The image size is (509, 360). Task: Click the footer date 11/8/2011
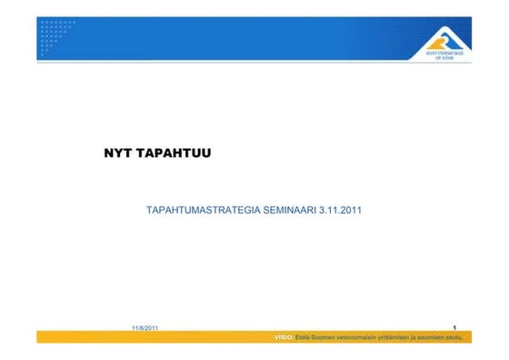click(x=145, y=326)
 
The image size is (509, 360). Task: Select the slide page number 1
click(x=453, y=326)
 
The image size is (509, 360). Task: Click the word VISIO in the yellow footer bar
click(x=284, y=337)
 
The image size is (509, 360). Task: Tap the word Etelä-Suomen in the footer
click(x=314, y=337)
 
